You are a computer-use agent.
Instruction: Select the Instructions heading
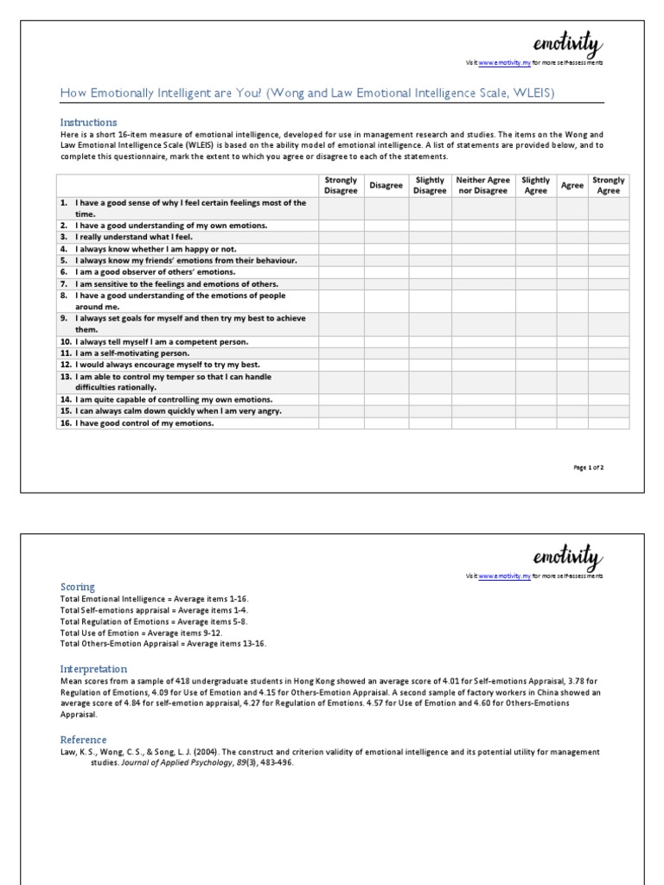[88, 123]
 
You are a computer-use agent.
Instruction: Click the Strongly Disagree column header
[341, 185]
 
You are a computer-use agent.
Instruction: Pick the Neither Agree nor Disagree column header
[482, 185]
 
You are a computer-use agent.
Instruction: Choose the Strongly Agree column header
[609, 185]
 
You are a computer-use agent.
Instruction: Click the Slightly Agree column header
[536, 185]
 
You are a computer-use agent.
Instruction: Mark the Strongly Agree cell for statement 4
[609, 249]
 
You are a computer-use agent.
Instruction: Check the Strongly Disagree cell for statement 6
[341, 271]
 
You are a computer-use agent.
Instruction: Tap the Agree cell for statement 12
[571, 365]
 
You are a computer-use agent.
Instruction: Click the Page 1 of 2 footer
[589, 468]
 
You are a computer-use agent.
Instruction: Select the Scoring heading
[77, 587]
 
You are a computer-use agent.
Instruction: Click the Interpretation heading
[93, 669]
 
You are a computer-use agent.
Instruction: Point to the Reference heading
[83, 740]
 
